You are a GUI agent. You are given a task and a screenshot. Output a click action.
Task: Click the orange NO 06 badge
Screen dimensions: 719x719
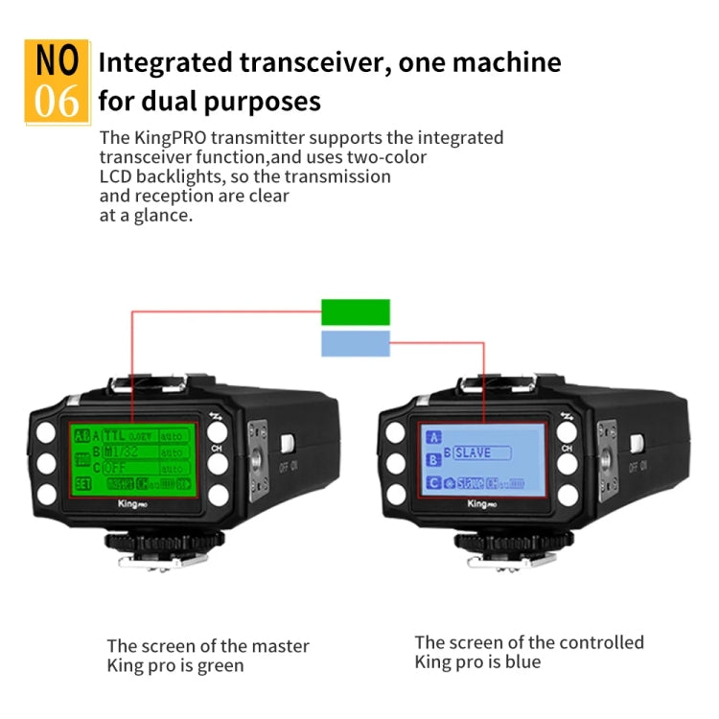(57, 81)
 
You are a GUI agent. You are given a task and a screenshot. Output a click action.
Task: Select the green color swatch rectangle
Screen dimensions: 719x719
(356, 313)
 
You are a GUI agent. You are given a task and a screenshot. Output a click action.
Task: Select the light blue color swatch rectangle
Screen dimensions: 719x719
(356, 344)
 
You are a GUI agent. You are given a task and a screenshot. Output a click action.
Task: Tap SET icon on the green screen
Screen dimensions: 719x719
(84, 483)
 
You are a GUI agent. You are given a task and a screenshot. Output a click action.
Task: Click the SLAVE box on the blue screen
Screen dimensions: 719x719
(481, 452)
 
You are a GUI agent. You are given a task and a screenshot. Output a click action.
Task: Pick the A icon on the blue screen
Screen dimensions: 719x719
(432, 436)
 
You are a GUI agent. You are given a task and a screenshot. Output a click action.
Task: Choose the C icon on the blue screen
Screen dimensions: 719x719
(432, 484)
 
